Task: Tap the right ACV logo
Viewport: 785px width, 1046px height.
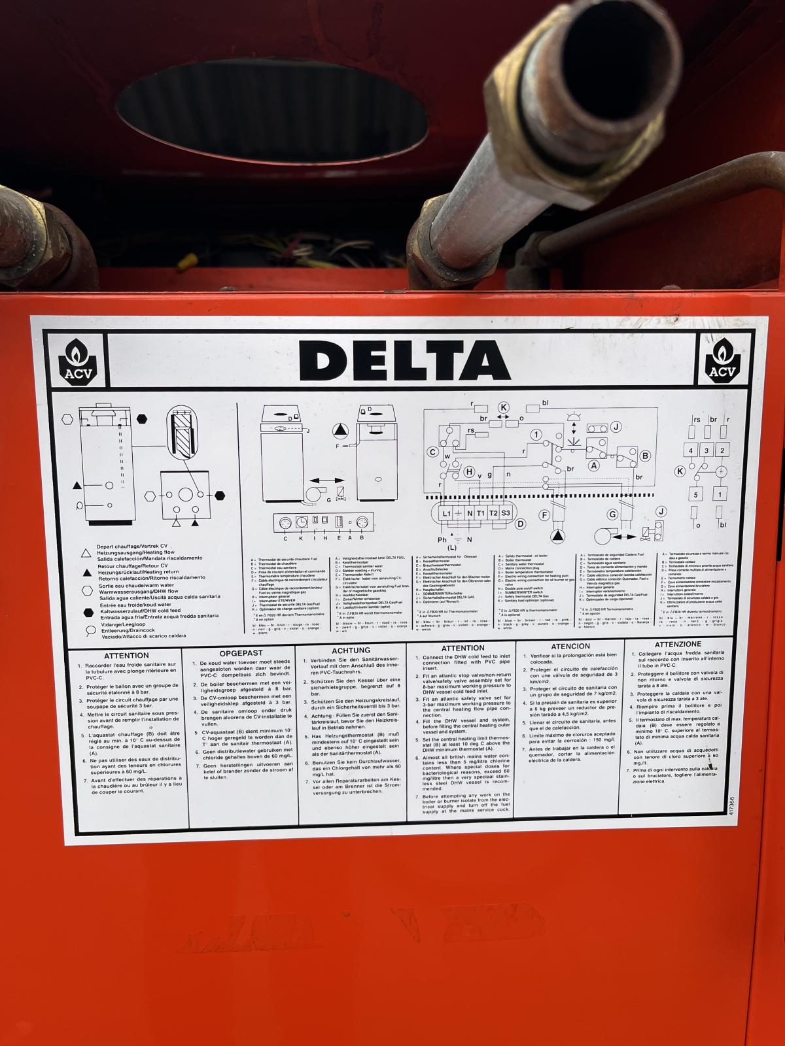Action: click(722, 360)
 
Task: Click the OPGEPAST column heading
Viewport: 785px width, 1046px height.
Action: click(241, 652)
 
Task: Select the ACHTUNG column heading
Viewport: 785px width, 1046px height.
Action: click(351, 650)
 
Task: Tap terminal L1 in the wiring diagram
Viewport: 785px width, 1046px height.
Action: click(447, 513)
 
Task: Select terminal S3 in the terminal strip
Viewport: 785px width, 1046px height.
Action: click(506, 513)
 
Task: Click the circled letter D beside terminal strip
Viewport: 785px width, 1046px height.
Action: click(521, 524)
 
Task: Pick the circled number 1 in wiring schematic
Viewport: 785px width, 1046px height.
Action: click(536, 435)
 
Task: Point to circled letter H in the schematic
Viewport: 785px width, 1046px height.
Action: click(470, 472)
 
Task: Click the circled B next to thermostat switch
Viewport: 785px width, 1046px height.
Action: click(645, 456)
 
